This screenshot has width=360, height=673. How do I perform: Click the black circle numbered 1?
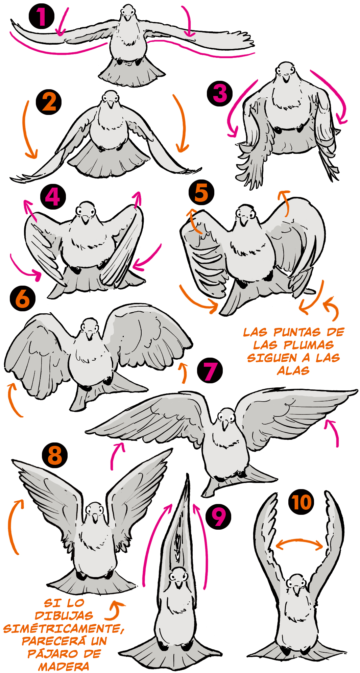[42, 16]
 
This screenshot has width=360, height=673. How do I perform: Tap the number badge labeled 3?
[220, 93]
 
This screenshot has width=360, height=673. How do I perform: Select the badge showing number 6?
[23, 298]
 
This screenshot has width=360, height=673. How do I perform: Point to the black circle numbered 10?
[301, 502]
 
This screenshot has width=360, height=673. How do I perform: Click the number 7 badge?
[210, 370]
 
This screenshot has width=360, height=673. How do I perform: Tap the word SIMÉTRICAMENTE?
[64, 628]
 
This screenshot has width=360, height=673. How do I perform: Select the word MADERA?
[64, 667]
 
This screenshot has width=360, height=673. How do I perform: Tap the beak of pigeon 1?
[127, 17]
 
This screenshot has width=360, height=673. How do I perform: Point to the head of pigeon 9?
[178, 577]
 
